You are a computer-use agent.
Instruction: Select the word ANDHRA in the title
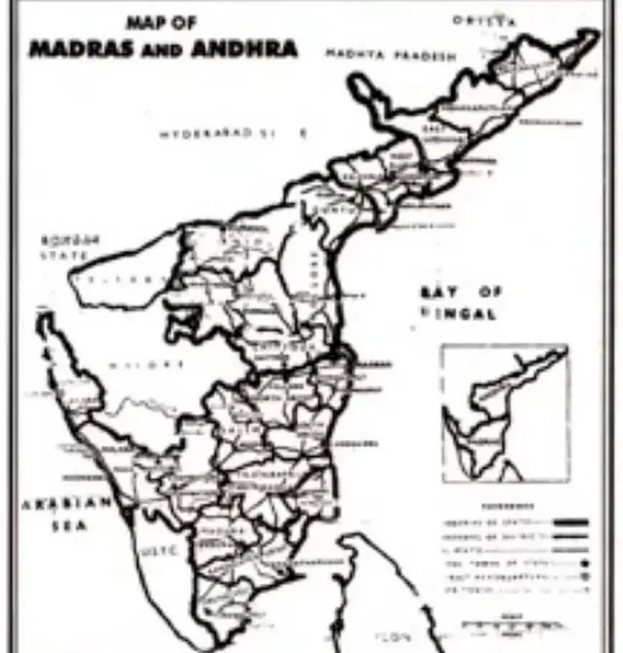[x=247, y=49]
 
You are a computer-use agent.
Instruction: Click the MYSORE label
[x=157, y=365]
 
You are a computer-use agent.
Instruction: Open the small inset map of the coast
[x=504, y=413]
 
